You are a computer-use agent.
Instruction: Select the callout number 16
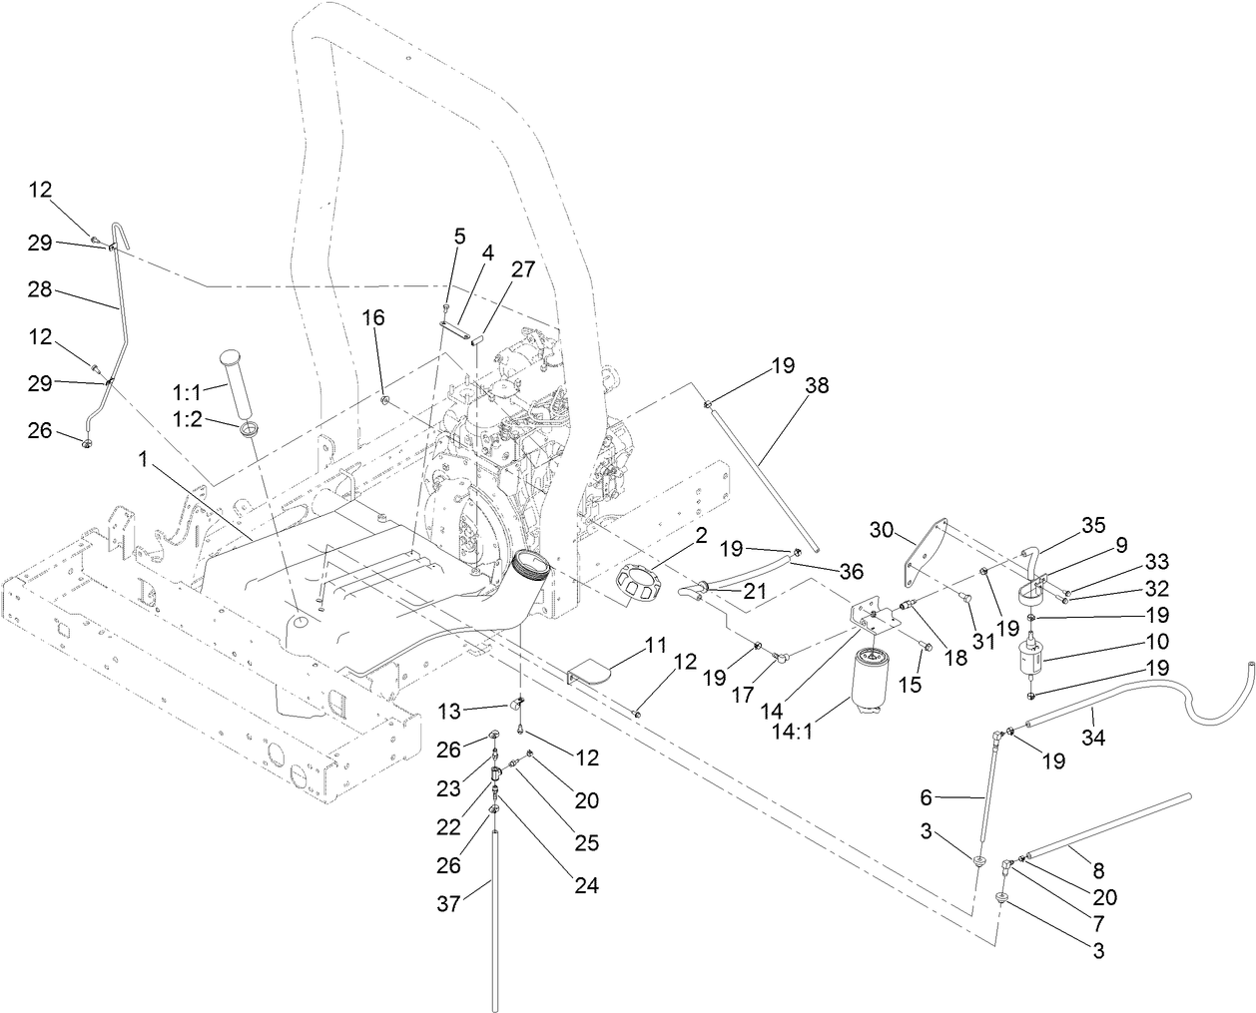372,318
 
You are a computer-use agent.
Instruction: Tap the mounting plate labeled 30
926,551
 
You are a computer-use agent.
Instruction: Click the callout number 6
925,797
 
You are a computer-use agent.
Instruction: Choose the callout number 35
1094,523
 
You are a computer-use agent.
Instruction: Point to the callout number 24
586,885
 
